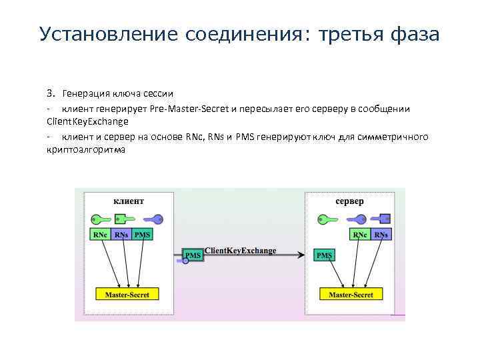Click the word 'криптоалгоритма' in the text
85,150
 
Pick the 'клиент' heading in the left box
129,201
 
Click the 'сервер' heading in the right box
349,201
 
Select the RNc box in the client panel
101,235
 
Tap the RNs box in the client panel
122,235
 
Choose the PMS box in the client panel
142,235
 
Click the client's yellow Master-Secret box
127,294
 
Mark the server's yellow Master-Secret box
351,294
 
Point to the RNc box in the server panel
360,235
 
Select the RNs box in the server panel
381,235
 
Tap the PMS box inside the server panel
324,255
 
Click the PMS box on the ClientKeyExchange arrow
193,255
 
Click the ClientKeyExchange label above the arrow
240,250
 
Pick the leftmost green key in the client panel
101,218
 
